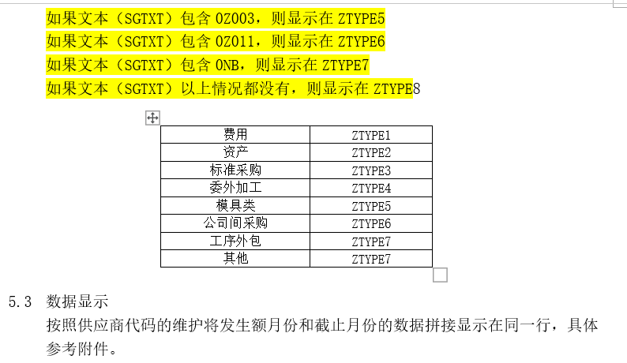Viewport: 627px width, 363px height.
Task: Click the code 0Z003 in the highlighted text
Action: coord(234,18)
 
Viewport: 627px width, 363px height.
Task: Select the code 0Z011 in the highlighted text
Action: coord(234,41)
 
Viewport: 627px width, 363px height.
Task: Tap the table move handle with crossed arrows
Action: coord(153,118)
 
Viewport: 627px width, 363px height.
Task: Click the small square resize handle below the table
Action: coord(441,275)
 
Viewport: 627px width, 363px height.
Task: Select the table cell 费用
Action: coord(235,135)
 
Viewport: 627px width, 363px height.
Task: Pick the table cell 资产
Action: coord(235,152)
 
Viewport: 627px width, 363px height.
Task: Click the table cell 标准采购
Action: coord(235,170)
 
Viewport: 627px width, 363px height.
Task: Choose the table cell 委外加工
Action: coord(235,188)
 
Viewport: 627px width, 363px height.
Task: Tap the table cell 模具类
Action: coord(235,205)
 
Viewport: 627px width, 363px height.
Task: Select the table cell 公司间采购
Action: coord(235,223)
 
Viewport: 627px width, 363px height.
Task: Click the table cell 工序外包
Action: coord(235,241)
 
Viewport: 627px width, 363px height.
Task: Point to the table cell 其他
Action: coord(235,258)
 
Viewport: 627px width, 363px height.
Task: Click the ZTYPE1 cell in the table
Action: coord(371,135)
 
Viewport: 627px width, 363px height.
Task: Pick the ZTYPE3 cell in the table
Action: coord(371,170)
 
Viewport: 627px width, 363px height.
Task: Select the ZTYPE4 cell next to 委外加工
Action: coord(371,189)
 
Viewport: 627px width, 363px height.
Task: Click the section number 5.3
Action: coord(20,301)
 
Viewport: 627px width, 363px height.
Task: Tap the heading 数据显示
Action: coord(77,301)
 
